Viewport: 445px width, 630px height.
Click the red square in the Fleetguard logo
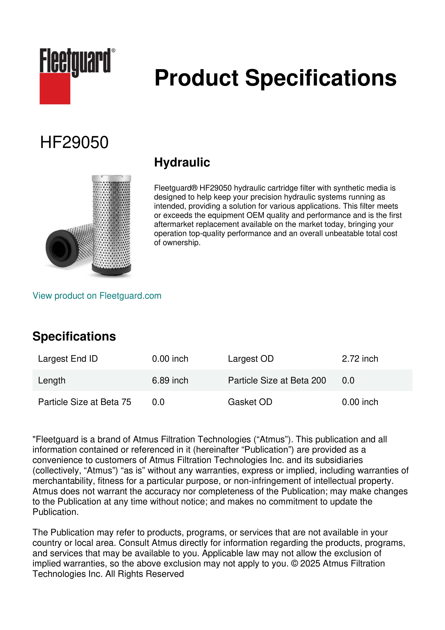[x=55, y=88]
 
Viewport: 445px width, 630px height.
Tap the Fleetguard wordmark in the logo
[x=75, y=61]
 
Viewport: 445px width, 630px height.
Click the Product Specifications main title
[x=275, y=78]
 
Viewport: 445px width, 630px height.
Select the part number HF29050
[x=74, y=142]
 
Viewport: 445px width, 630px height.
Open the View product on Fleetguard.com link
[x=97, y=296]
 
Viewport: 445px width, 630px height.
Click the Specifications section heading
[x=74, y=336]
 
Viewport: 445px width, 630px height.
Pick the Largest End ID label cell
[x=68, y=359]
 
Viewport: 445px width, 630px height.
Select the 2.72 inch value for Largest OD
[x=360, y=359]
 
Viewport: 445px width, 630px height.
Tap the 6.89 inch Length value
[x=170, y=380]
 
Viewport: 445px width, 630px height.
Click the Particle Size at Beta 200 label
[x=277, y=380]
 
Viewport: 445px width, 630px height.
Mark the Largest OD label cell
[x=251, y=359]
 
